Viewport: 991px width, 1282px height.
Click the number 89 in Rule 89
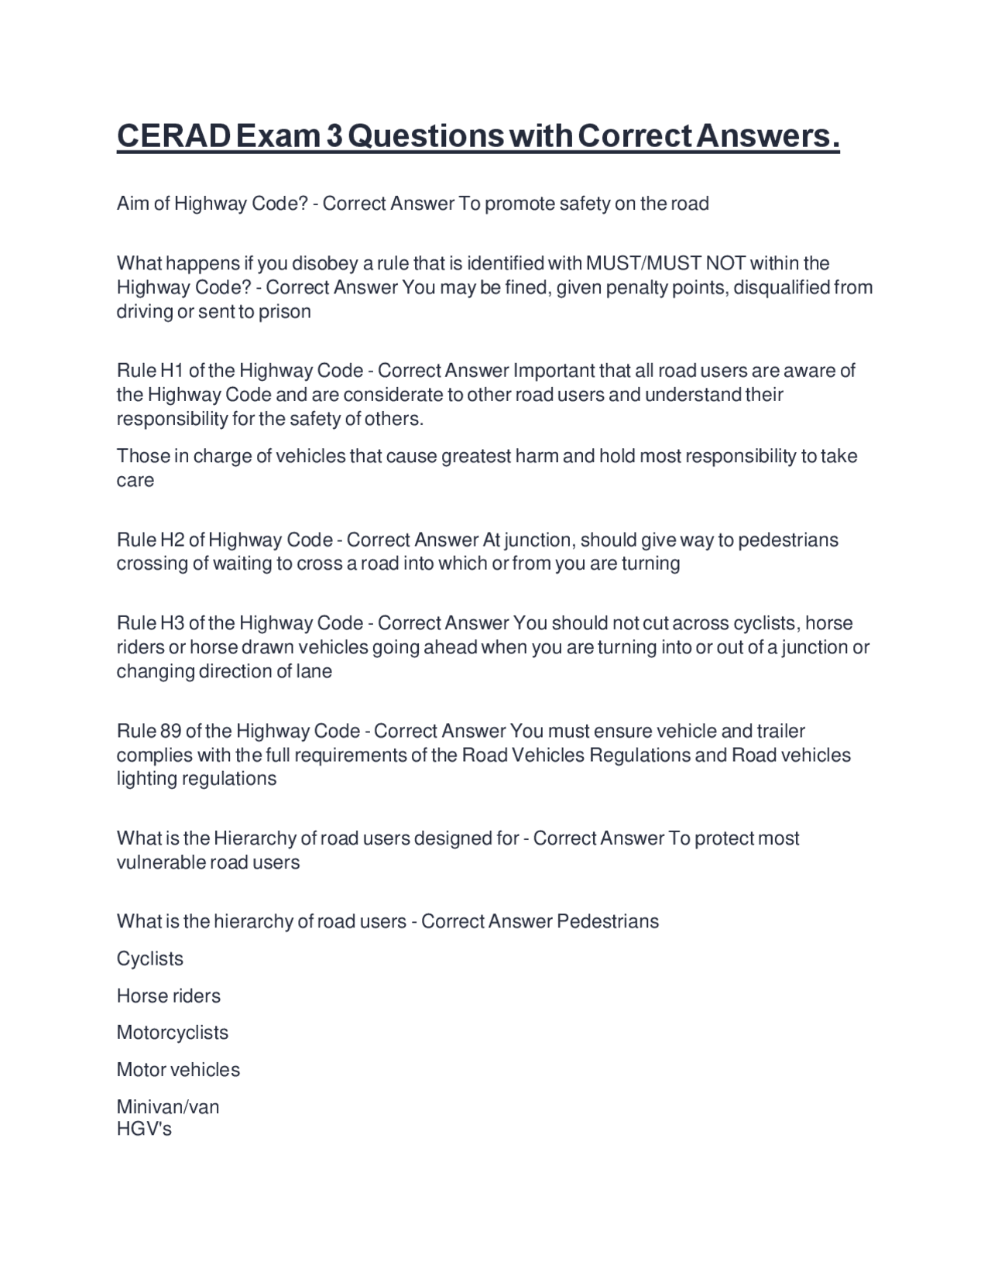click(170, 732)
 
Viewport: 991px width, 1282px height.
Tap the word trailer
click(780, 732)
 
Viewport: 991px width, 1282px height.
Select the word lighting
click(147, 779)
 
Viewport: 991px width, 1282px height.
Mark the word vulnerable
click(160, 862)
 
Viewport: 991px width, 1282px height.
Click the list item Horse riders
click(169, 996)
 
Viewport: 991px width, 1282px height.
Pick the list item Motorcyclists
click(173, 1033)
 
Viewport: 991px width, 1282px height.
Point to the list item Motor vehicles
click(178, 1070)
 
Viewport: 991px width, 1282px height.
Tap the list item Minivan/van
click(168, 1107)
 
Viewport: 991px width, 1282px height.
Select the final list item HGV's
click(144, 1129)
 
